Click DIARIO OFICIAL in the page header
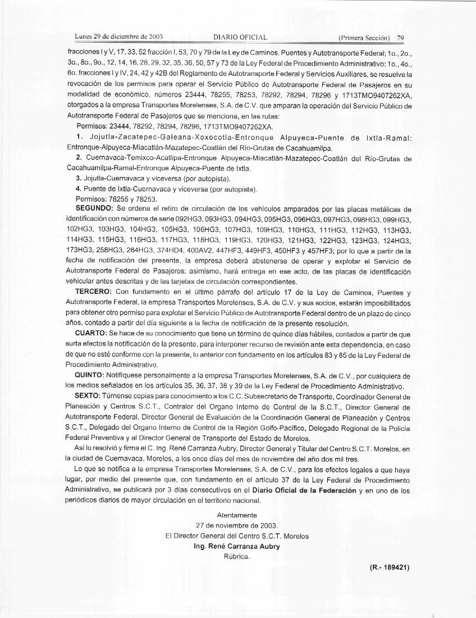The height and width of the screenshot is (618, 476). coord(240,38)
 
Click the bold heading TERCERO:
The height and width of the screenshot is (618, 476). coord(95,292)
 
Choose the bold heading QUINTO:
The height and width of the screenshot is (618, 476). coord(92,375)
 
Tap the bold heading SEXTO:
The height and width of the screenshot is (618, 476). coord(90,396)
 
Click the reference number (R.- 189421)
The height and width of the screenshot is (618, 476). coord(390,567)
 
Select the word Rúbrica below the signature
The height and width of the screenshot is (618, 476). coord(236,556)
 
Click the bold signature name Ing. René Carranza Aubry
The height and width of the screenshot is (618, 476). coord(236,546)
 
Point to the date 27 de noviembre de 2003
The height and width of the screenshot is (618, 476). coord(236,525)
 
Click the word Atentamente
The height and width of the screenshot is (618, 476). coord(236,515)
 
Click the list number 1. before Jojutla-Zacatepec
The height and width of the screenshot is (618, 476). coord(79,138)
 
